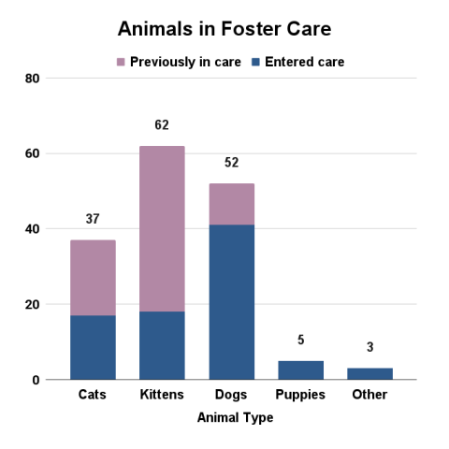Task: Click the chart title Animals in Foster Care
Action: point(224,29)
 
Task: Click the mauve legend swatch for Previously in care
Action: point(120,62)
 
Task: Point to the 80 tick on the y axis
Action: point(32,79)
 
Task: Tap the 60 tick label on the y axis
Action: point(32,153)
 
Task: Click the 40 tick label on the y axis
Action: point(32,229)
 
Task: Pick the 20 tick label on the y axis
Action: point(32,305)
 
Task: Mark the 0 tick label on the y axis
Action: point(35,380)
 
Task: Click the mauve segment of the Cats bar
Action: point(93,278)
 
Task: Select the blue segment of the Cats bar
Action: point(93,347)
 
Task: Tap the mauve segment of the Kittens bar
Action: point(162,228)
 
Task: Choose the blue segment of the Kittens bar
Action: point(162,345)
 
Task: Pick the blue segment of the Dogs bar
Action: point(231,302)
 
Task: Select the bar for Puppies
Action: point(300,370)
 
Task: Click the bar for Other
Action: point(369,374)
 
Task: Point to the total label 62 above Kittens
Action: point(162,125)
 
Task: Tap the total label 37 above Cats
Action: point(93,220)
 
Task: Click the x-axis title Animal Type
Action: point(235,418)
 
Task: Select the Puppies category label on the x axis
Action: point(300,395)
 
